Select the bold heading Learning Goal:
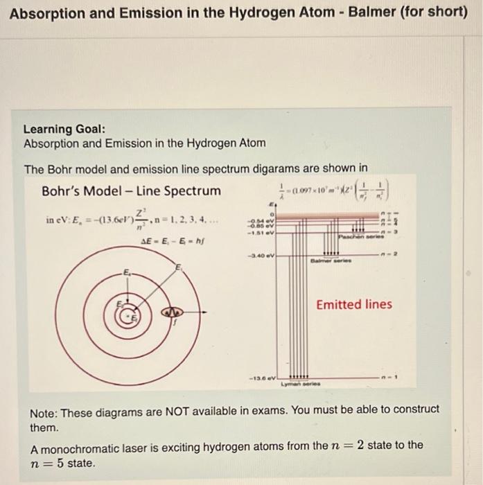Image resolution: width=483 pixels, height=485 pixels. [64, 130]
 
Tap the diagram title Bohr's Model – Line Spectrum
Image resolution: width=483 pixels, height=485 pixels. [131, 191]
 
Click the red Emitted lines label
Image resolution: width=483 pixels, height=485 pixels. [353, 304]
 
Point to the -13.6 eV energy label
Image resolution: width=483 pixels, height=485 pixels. [263, 378]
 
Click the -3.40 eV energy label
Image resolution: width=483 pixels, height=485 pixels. [263, 256]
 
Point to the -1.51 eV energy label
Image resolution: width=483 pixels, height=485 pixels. [263, 233]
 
